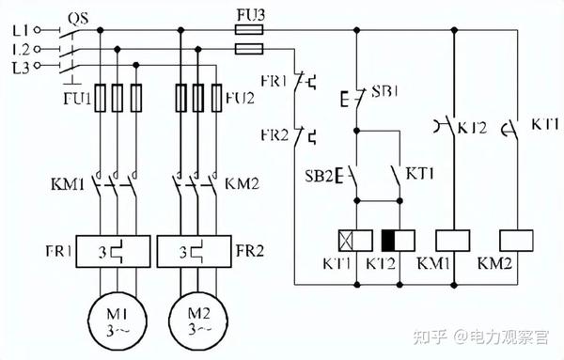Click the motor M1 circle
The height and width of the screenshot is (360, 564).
pyautogui.click(x=88, y=321)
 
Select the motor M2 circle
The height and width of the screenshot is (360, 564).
pyautogui.click(x=169, y=321)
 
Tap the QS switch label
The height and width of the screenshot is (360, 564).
pyautogui.click(x=78, y=18)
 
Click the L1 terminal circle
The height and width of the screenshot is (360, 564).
pyautogui.click(x=37, y=31)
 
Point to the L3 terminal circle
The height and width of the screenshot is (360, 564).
pyautogui.click(x=37, y=66)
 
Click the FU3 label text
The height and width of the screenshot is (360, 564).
pyautogui.click(x=251, y=15)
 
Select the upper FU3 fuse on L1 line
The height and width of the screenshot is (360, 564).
pyautogui.click(x=249, y=29)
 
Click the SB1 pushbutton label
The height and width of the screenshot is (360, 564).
pyautogui.click(x=384, y=91)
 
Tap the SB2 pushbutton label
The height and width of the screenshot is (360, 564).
pyautogui.click(x=319, y=176)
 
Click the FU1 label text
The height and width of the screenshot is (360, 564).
pyautogui.click(x=77, y=98)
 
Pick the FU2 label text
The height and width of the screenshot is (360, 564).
pyautogui.click(x=241, y=98)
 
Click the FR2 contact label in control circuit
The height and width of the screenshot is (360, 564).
pyautogui.click(x=274, y=135)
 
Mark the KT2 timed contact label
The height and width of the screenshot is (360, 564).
pyautogui.click(x=472, y=127)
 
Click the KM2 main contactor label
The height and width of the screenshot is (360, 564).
pyautogui.click(x=243, y=184)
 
